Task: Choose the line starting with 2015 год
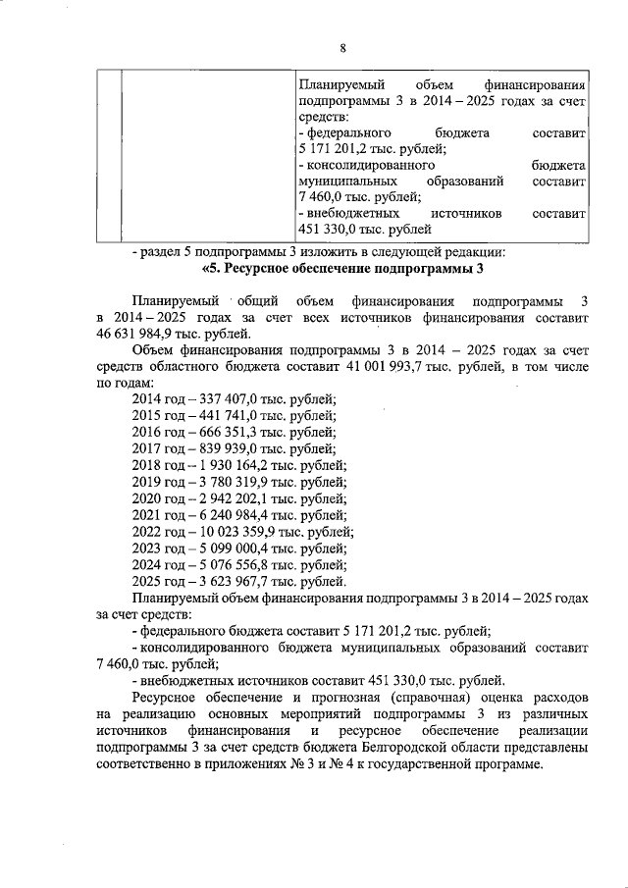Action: pyautogui.click(x=234, y=415)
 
